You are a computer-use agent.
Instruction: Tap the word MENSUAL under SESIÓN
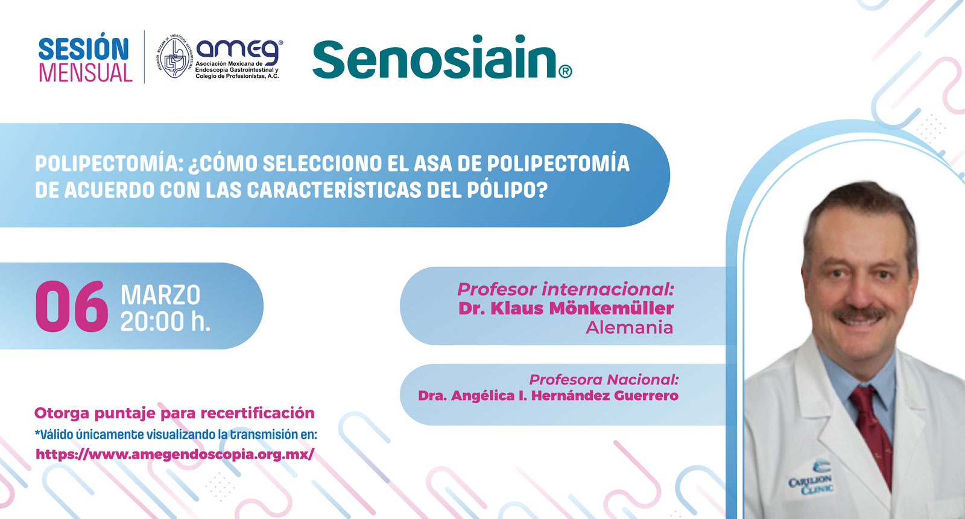pos(86,72)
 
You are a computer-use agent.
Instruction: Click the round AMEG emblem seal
pos(174,57)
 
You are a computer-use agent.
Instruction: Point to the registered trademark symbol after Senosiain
pos(565,72)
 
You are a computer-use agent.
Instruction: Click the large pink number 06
pos(72,307)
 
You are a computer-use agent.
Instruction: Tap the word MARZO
pos(160,295)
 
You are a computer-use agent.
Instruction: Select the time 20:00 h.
pos(165,321)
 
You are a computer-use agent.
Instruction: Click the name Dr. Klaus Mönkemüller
pos(566,308)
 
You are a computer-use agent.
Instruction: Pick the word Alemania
pos(630,328)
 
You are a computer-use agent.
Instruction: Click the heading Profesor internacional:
pos(566,289)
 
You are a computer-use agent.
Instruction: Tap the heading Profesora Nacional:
pos(604,380)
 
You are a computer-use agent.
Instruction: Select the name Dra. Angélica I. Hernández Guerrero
pos(548,396)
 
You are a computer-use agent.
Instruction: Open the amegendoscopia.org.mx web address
pos(175,454)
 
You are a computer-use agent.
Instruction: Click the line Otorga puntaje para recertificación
pos(174,413)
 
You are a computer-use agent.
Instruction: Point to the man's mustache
pos(859,314)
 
